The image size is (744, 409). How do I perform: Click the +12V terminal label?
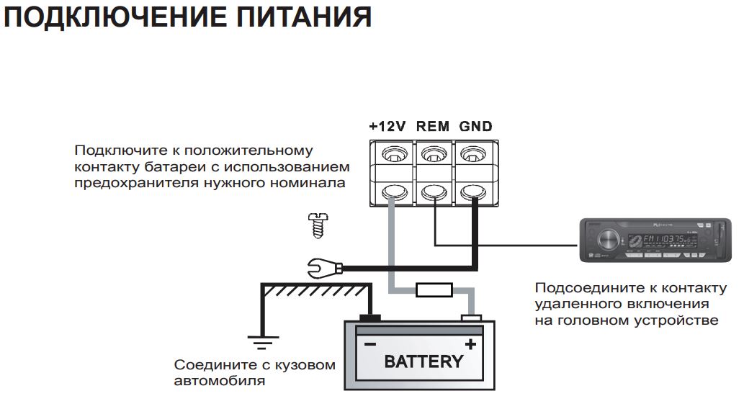387,126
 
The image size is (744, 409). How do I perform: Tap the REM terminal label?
432,126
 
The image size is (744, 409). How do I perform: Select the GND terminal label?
476,126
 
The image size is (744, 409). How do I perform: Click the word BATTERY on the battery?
423,361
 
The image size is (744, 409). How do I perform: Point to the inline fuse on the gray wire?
434,290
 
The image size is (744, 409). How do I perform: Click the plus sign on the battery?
470,344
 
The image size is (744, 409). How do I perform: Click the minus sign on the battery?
369,344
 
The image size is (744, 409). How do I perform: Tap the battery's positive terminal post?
471,318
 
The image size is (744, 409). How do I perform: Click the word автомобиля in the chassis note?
219,381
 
